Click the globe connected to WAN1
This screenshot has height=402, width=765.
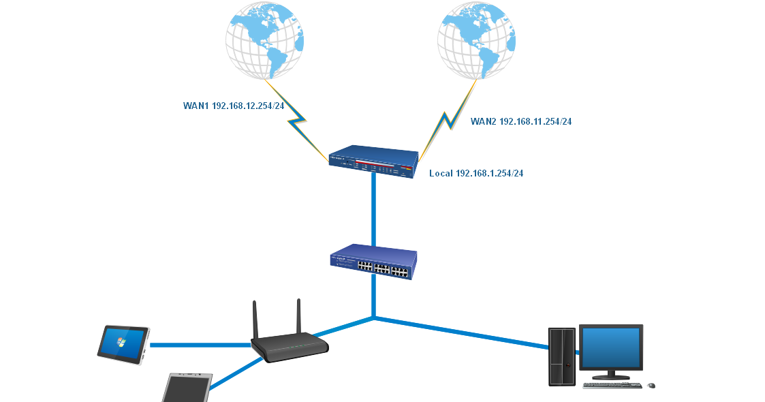(x=265, y=39)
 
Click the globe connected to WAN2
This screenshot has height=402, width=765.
(x=476, y=39)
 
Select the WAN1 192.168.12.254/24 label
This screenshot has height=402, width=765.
(x=234, y=106)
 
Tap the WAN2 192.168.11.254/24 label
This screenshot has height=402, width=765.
(x=521, y=121)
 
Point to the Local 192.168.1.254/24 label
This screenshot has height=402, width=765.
(x=476, y=174)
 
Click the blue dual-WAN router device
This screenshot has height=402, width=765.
(x=373, y=161)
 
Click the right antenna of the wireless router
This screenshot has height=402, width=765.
(x=298, y=317)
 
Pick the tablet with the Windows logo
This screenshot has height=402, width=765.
(x=123, y=343)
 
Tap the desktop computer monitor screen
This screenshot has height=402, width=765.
(x=610, y=347)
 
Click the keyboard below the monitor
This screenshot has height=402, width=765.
(x=612, y=386)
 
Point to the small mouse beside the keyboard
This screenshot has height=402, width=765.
(x=651, y=386)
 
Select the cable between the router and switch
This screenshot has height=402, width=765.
(x=373, y=208)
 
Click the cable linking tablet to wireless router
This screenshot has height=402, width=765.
(x=198, y=345)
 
